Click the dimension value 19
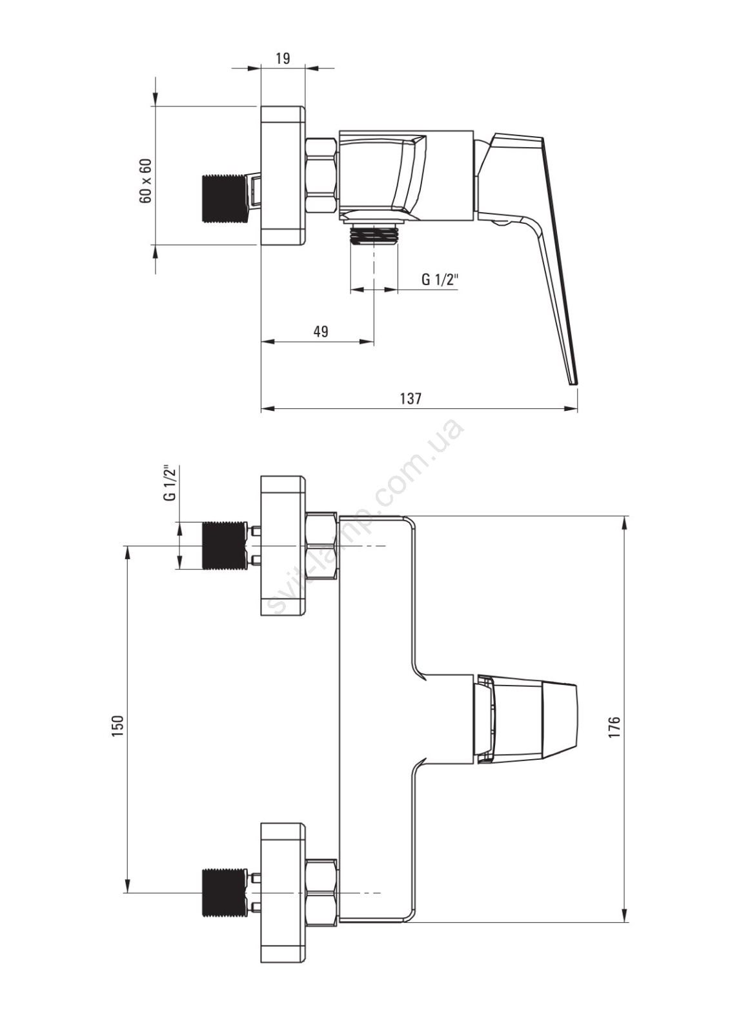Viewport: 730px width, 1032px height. (x=283, y=59)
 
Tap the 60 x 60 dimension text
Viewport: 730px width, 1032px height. (x=145, y=181)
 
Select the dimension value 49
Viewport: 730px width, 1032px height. (x=321, y=331)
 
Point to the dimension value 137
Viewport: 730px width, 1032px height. (x=411, y=398)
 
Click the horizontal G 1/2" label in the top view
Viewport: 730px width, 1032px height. (x=440, y=279)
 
